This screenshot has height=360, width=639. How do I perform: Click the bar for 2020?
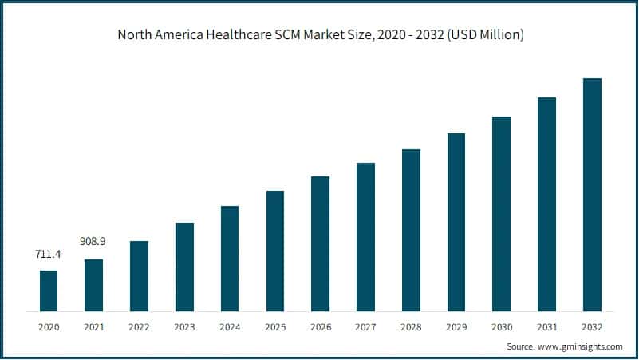tap(49, 291)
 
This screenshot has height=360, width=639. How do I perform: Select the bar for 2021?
tap(94, 285)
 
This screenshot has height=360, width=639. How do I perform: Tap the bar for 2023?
tap(184, 267)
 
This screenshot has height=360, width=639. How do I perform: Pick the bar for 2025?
tap(275, 251)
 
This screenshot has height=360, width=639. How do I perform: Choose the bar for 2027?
tap(365, 236)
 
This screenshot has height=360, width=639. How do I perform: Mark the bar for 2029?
tap(456, 222)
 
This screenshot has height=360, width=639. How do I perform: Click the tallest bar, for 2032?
tap(592, 195)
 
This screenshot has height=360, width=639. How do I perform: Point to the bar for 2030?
tap(501, 213)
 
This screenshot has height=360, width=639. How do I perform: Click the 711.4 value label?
tap(49, 254)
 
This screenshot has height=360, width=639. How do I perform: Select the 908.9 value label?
tap(94, 240)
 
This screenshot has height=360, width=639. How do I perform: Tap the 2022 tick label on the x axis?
tap(139, 327)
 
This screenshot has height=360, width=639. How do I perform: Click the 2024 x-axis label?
tap(230, 327)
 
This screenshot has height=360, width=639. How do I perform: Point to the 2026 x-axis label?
tap(320, 327)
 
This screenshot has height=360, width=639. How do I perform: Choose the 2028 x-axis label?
tap(411, 327)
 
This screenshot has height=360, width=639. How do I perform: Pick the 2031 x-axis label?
tap(546, 327)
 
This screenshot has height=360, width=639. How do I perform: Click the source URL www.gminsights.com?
tap(582, 347)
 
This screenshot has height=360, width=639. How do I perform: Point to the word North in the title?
tap(133, 35)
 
